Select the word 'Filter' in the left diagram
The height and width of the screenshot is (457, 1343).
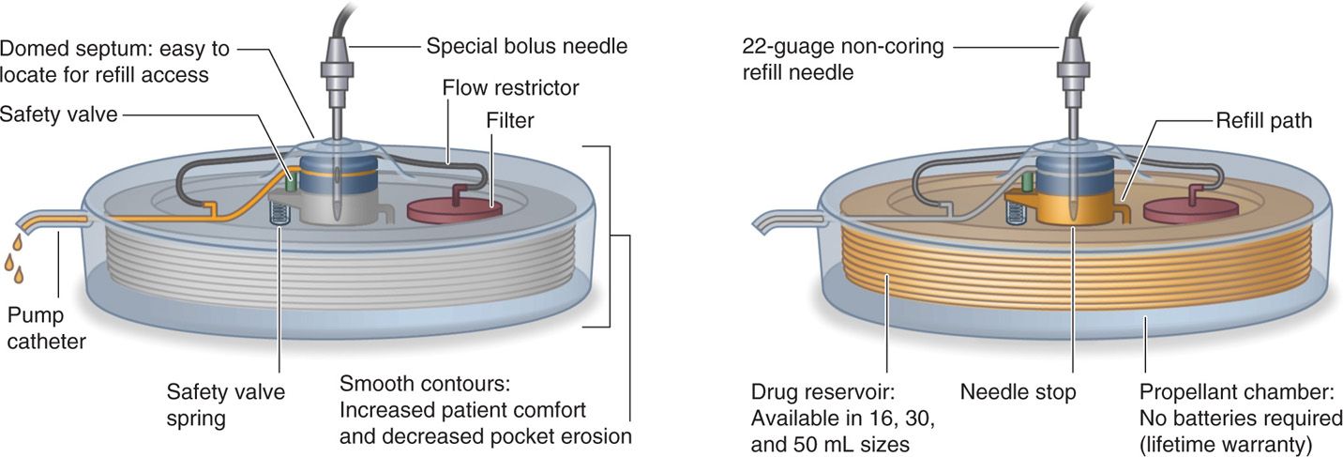[508, 120]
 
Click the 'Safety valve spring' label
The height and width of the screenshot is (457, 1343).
[225, 404]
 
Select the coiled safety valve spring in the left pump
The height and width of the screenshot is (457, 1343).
[277, 213]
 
